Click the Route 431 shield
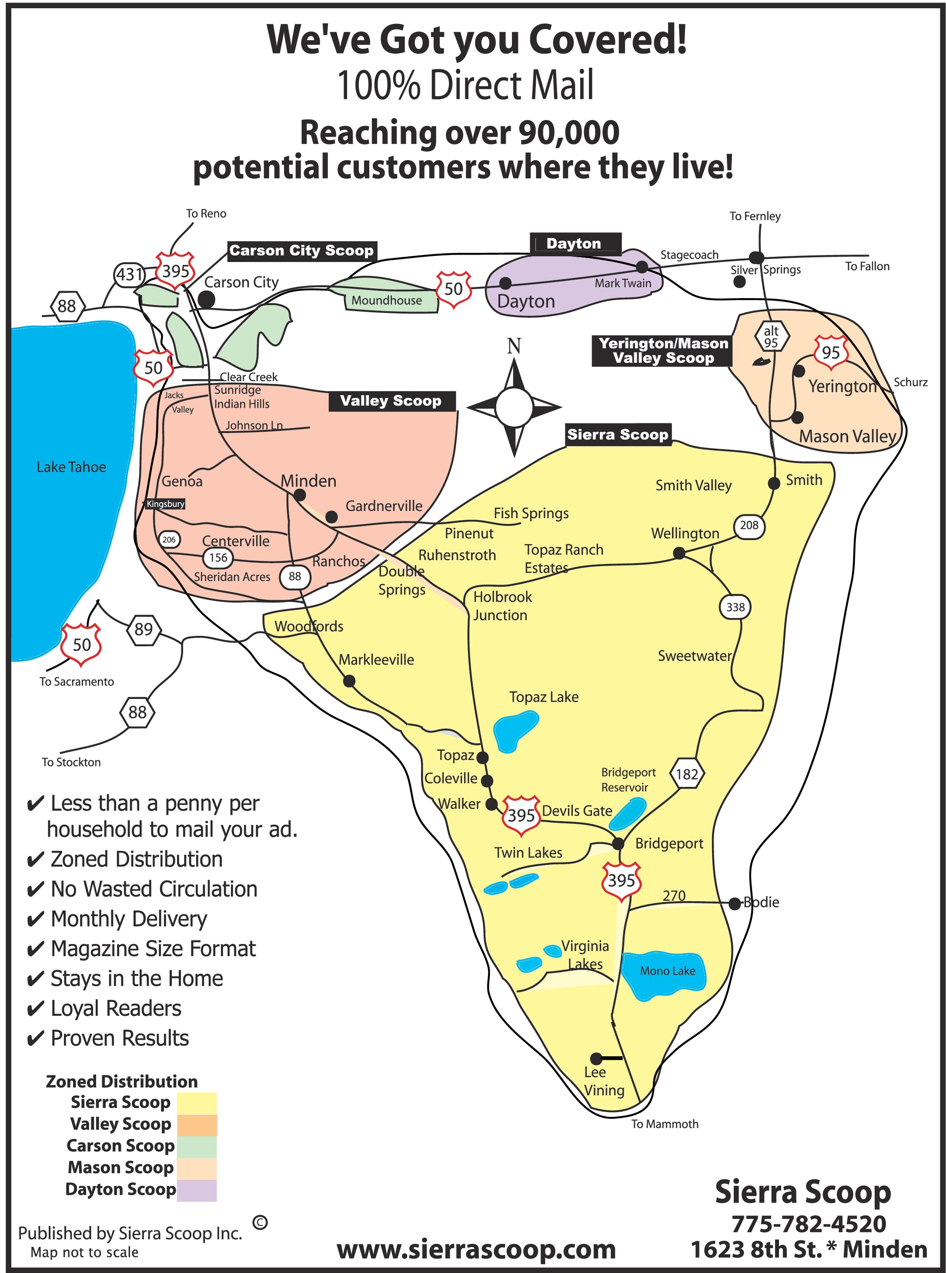(130, 275)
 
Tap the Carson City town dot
(206, 299)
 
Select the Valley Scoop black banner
(392, 401)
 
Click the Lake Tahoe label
(71, 467)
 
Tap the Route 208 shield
(749, 525)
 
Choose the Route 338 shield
(735, 607)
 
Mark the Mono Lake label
(667, 971)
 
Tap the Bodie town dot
(735, 904)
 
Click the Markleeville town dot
(349, 681)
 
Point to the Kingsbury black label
(165, 504)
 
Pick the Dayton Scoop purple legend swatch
(197, 1190)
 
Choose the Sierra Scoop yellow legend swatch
(197, 1103)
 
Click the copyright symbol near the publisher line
(260, 1223)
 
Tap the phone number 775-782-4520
(809, 1224)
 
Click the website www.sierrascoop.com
(476, 1249)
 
